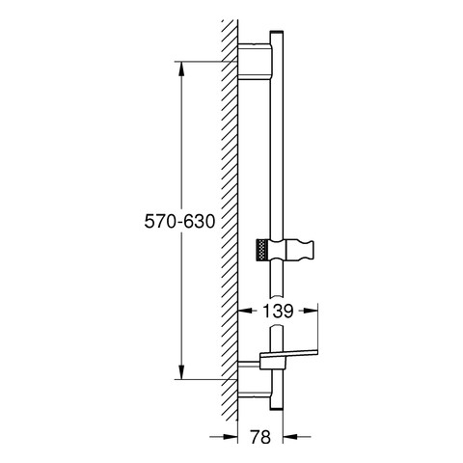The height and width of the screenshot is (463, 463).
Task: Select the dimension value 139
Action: pos(279,312)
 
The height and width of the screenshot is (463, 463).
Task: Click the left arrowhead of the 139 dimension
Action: pos(243,312)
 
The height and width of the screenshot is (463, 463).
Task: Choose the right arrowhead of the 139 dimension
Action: pos(313,312)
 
